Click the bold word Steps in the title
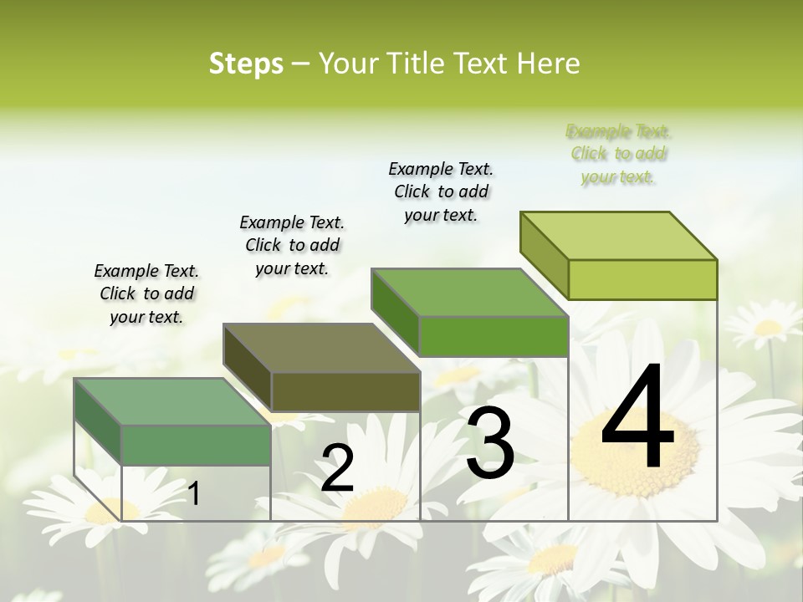point(246,64)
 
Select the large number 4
point(638,418)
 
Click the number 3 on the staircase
point(490,443)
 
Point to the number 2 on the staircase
point(337,469)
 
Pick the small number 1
point(194,494)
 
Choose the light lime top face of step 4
point(619,236)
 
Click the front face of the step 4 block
point(642,279)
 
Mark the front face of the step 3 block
point(494,336)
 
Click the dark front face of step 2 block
point(345,391)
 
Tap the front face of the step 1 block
point(196,445)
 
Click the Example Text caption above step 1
point(146,293)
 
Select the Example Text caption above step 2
point(292,245)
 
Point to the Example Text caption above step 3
point(441,191)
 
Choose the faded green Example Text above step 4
point(618,154)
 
